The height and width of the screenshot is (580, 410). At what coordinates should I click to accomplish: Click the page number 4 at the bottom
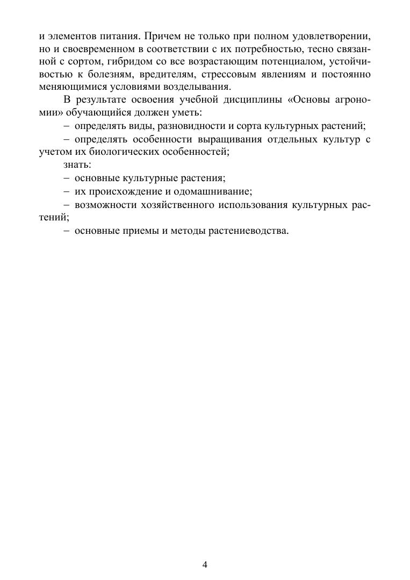click(205, 564)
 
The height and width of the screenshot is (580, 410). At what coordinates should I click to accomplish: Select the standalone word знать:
click(77, 164)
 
